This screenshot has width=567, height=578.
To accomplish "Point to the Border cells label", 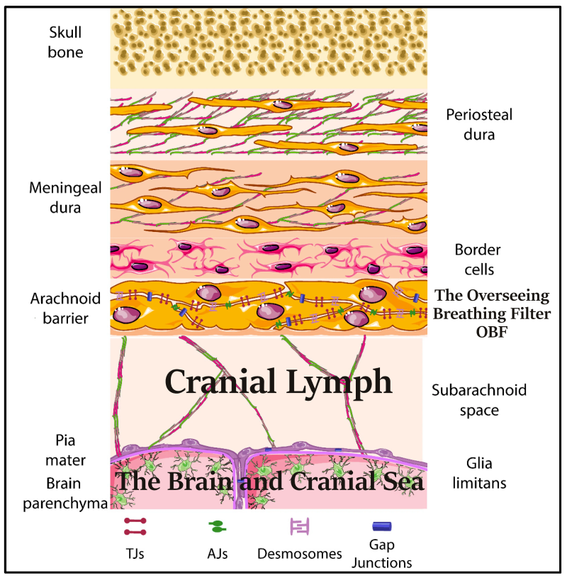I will click(478, 260).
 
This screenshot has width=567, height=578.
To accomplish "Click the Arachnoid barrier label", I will click(66, 308).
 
